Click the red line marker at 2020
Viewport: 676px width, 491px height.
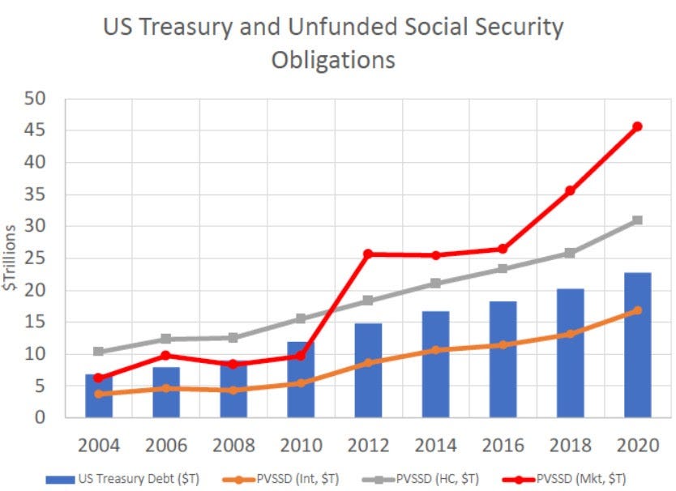coord(637,126)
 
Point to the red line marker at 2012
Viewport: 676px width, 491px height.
coord(368,254)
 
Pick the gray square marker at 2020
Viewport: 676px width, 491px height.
coord(637,220)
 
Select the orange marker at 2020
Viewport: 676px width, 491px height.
coord(637,310)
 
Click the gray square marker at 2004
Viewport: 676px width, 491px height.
coord(99,352)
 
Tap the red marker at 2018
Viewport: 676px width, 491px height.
coord(570,190)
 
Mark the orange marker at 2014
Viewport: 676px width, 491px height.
coord(435,350)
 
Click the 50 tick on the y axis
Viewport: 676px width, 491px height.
coord(35,99)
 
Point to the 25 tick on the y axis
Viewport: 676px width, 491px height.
coord(35,258)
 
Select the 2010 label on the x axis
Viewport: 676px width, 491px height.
coord(301,445)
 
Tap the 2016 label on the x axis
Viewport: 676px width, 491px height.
coord(503,445)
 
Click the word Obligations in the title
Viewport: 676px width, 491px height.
coord(333,61)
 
